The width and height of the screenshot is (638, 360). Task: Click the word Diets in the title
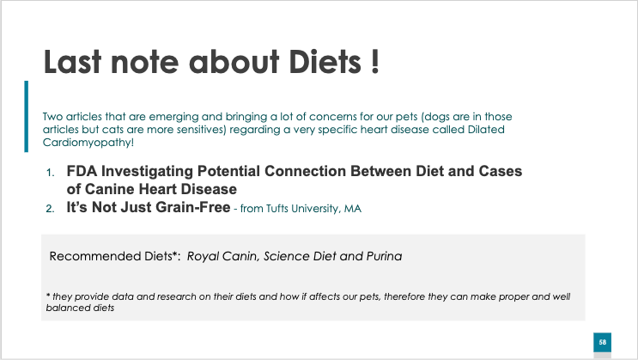pos(325,62)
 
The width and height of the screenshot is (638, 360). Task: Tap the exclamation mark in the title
pos(375,62)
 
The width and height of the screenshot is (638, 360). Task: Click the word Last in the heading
pos(72,62)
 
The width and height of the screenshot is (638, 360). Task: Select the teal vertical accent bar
pos(27,117)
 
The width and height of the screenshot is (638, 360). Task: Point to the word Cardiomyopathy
pos(87,143)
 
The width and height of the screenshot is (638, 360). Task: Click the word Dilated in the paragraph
pos(486,130)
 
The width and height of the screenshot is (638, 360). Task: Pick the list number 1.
pos(50,173)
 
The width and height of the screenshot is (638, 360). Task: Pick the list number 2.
pos(50,209)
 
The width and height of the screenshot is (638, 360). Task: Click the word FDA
pos(82,171)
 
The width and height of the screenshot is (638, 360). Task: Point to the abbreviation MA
pos(352,209)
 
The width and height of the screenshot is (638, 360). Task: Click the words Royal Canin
pos(222,256)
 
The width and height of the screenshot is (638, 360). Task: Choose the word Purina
pos(384,256)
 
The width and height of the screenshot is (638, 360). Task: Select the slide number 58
pos(603,343)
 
